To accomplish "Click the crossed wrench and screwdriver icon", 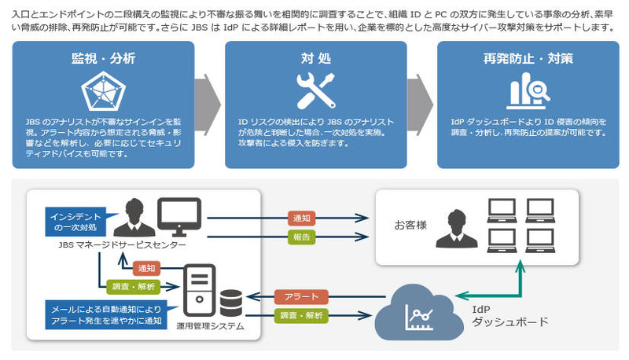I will pyautogui.click(x=315, y=92).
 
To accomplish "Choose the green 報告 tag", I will pyautogui.click(x=303, y=236).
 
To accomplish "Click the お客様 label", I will pyautogui.click(x=410, y=225).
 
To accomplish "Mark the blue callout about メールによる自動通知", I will pyautogui.click(x=101, y=314).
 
